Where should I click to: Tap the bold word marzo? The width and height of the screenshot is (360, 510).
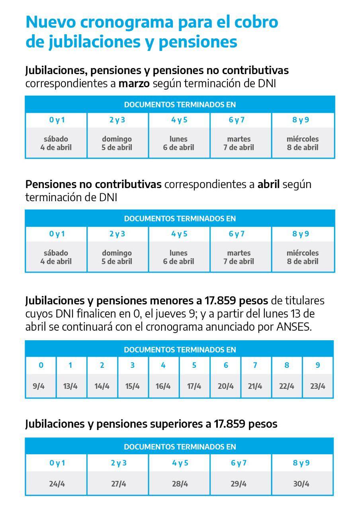134,84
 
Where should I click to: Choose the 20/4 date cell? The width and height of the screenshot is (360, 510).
225,386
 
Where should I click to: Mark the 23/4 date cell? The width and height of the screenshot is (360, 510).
317,386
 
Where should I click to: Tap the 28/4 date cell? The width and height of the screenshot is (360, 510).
180,484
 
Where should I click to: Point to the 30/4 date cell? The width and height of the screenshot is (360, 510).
301,484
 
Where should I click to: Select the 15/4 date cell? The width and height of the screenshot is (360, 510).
133,386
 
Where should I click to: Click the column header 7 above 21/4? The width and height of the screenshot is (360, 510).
255,365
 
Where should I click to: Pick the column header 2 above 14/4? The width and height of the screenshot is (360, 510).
102,365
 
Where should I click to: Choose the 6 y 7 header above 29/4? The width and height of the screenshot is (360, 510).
239,463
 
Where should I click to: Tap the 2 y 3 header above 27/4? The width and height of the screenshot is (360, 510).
119,463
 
